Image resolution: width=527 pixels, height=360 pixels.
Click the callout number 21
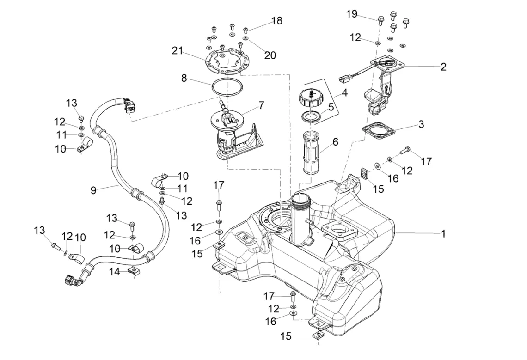(177, 51)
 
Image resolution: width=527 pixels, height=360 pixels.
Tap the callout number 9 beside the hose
(93, 190)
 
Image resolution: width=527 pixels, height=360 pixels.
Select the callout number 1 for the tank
(443, 233)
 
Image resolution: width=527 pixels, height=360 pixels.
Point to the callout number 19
(351, 14)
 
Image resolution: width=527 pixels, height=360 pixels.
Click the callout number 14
(115, 272)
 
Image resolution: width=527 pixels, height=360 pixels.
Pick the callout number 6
(335, 142)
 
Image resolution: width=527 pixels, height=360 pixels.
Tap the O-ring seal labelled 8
(227, 87)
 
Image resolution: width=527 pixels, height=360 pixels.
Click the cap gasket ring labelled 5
(311, 116)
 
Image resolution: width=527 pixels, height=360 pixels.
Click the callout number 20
(270, 55)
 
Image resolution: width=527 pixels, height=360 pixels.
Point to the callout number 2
(443, 67)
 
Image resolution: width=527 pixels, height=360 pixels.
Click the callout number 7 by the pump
(262, 105)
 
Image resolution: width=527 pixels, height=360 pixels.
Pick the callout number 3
(421, 124)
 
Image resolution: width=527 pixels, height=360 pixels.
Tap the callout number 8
(184, 78)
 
